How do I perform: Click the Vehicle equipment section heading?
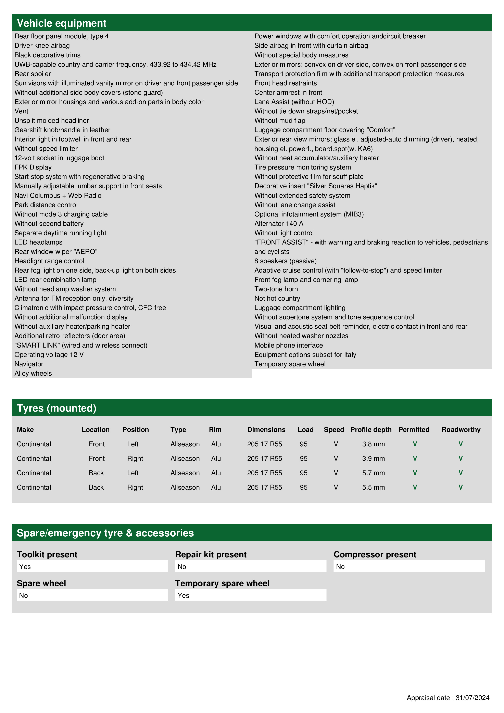point(62,23)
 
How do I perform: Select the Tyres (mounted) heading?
point(56,408)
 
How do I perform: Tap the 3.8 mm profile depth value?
point(373,444)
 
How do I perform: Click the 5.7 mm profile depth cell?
point(373,473)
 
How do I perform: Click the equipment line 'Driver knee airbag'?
point(42,46)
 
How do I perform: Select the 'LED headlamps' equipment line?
point(38,242)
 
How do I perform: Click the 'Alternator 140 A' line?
point(279,224)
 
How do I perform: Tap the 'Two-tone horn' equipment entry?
point(276,289)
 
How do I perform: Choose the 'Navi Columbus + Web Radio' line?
point(58,196)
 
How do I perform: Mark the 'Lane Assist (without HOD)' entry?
point(294,102)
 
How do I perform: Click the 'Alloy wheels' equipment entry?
point(33,373)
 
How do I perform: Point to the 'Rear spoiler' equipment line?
point(33,74)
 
